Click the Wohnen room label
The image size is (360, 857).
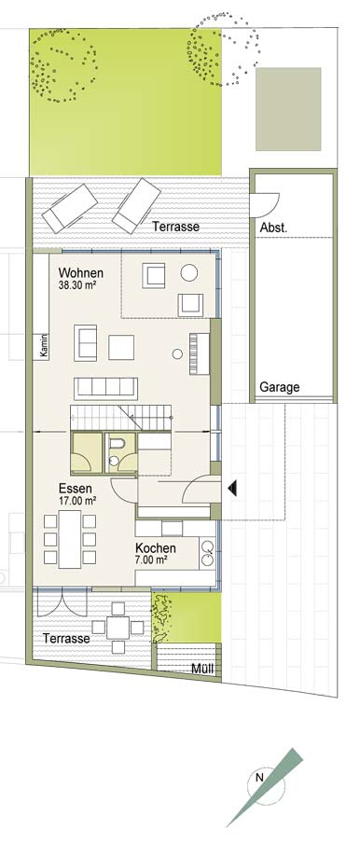click(81, 273)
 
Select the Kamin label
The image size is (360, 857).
click(44, 346)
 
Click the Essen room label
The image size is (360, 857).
click(76, 489)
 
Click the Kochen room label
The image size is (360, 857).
click(156, 548)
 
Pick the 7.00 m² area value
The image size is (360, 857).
click(151, 560)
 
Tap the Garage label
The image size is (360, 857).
click(280, 388)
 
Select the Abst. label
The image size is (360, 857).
click(273, 228)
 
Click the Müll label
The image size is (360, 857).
click(202, 670)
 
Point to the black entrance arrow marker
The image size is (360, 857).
click(232, 488)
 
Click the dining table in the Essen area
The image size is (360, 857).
click(70, 539)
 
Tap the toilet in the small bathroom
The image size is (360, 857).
click(115, 449)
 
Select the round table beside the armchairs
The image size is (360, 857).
click(189, 272)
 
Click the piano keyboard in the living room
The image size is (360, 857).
click(196, 354)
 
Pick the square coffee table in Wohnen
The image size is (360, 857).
click(121, 347)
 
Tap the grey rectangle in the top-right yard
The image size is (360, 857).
click(288, 109)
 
